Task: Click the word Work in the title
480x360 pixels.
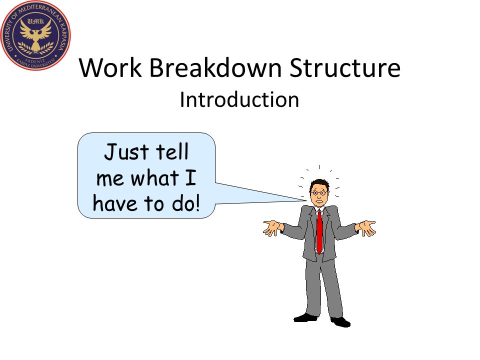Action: [x=110, y=67]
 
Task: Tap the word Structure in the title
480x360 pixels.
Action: [x=344, y=67]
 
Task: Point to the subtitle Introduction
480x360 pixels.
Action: [x=239, y=99]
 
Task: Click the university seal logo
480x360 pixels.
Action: [x=35, y=35]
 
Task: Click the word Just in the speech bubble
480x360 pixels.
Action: [x=126, y=152]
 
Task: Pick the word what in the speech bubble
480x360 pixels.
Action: [x=154, y=177]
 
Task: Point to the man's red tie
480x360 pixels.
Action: [x=319, y=231]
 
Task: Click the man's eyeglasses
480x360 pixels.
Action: [x=319, y=193]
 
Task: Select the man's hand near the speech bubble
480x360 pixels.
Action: [x=272, y=228]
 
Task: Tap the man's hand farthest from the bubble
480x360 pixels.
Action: [x=366, y=228]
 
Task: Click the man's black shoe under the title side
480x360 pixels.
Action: [x=305, y=318]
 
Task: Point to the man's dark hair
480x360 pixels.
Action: [x=320, y=184]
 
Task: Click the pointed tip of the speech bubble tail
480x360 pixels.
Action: [x=306, y=200]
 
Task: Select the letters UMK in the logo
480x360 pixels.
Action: [x=35, y=21]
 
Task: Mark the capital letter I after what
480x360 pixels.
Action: [x=190, y=177]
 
